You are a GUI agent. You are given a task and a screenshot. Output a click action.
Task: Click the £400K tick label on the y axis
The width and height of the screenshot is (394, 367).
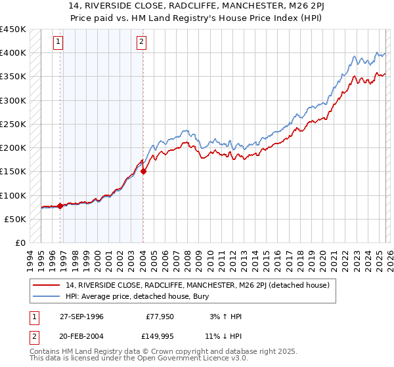click(13, 53)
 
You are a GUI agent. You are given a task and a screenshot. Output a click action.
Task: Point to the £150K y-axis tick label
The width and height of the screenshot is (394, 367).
click(13, 172)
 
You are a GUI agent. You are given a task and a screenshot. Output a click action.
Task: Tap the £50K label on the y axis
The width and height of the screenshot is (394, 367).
click(16, 219)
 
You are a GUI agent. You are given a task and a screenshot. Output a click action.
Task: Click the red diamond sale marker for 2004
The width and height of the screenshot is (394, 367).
click(144, 172)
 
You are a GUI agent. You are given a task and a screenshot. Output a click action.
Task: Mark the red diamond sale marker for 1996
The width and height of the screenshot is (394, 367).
click(60, 206)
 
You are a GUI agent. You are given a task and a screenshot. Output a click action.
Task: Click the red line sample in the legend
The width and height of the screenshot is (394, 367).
click(47, 284)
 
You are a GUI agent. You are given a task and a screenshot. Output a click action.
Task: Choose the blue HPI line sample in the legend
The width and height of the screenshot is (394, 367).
click(47, 296)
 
